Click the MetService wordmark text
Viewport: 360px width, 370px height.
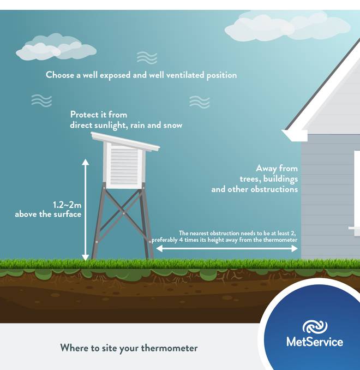pyautogui.click(x=315, y=342)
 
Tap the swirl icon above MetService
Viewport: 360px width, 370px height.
pyautogui.click(x=315, y=326)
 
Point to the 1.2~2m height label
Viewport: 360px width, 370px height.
pyautogui.click(x=67, y=205)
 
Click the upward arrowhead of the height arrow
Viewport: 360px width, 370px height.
pyautogui.click(x=86, y=162)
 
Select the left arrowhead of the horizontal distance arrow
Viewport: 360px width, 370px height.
pyautogui.click(x=159, y=248)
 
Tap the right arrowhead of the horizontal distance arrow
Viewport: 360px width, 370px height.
pyautogui.click(x=295, y=248)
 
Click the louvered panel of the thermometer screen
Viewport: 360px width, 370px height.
pyautogui.click(x=124, y=166)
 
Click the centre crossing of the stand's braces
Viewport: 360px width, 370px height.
pyautogui.click(x=123, y=213)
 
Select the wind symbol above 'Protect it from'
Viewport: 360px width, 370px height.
pyautogui.click(x=41, y=101)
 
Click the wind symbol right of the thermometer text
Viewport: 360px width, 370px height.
pyautogui.click(x=199, y=102)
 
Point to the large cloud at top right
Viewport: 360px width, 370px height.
pyautogui.click(x=287, y=26)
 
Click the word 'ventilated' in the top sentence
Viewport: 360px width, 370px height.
pyautogui.click(x=185, y=75)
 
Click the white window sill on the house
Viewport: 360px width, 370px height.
pyautogui.click(x=354, y=228)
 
